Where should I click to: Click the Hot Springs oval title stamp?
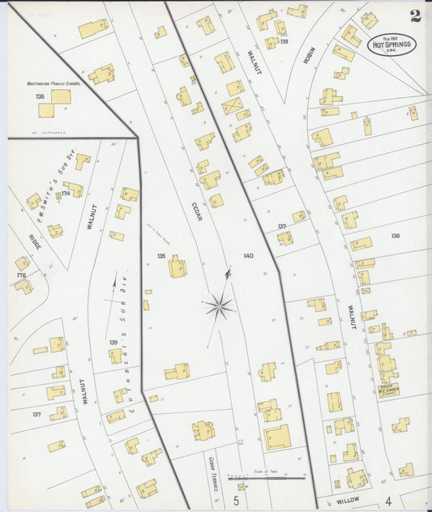392,45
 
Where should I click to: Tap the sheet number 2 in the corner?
415,15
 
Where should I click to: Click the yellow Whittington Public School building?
55,103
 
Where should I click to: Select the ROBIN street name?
309,55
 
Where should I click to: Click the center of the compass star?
219,305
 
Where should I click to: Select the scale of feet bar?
266,478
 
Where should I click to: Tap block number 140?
248,255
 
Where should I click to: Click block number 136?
395,236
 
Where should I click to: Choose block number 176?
21,275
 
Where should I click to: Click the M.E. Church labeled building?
388,386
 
